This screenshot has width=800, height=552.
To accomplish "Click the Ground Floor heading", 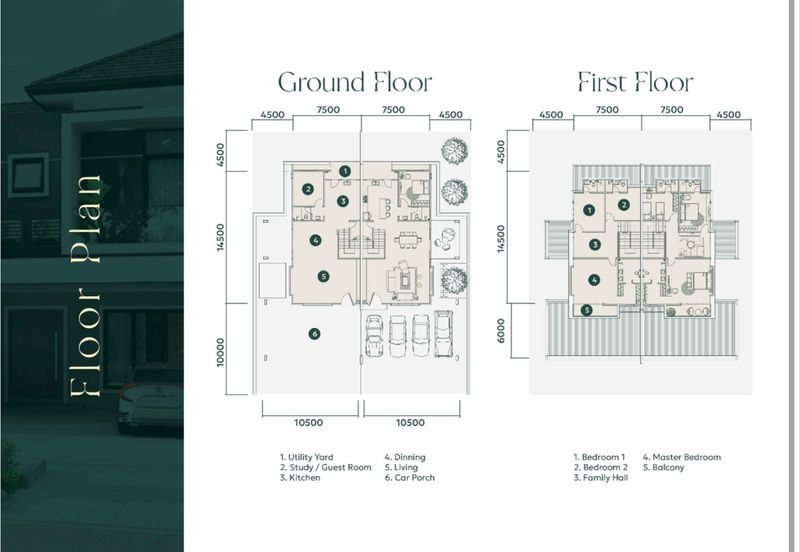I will [354, 82].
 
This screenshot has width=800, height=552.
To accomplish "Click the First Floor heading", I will [635, 82].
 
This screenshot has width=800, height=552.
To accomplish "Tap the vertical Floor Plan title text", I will [87, 288].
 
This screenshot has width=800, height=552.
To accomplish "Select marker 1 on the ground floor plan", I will [344, 171].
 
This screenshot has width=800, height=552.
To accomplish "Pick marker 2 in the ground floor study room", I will [308, 189].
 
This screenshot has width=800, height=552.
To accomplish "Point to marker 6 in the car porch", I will [314, 334].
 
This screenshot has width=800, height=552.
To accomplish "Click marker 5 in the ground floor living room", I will [323, 276].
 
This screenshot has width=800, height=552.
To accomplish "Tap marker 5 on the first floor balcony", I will [587, 310].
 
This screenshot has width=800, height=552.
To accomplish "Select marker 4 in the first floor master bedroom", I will [594, 281].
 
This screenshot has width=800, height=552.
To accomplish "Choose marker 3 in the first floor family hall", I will [594, 244].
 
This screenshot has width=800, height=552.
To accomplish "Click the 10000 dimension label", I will [221, 351].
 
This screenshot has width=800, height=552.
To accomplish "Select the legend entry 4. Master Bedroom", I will [681, 457].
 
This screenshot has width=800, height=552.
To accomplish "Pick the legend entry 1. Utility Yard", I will [307, 457].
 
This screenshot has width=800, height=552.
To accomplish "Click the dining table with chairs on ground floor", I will [406, 239].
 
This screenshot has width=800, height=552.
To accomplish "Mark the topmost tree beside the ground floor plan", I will [454, 151].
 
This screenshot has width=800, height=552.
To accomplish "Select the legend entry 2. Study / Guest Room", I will [326, 468].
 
